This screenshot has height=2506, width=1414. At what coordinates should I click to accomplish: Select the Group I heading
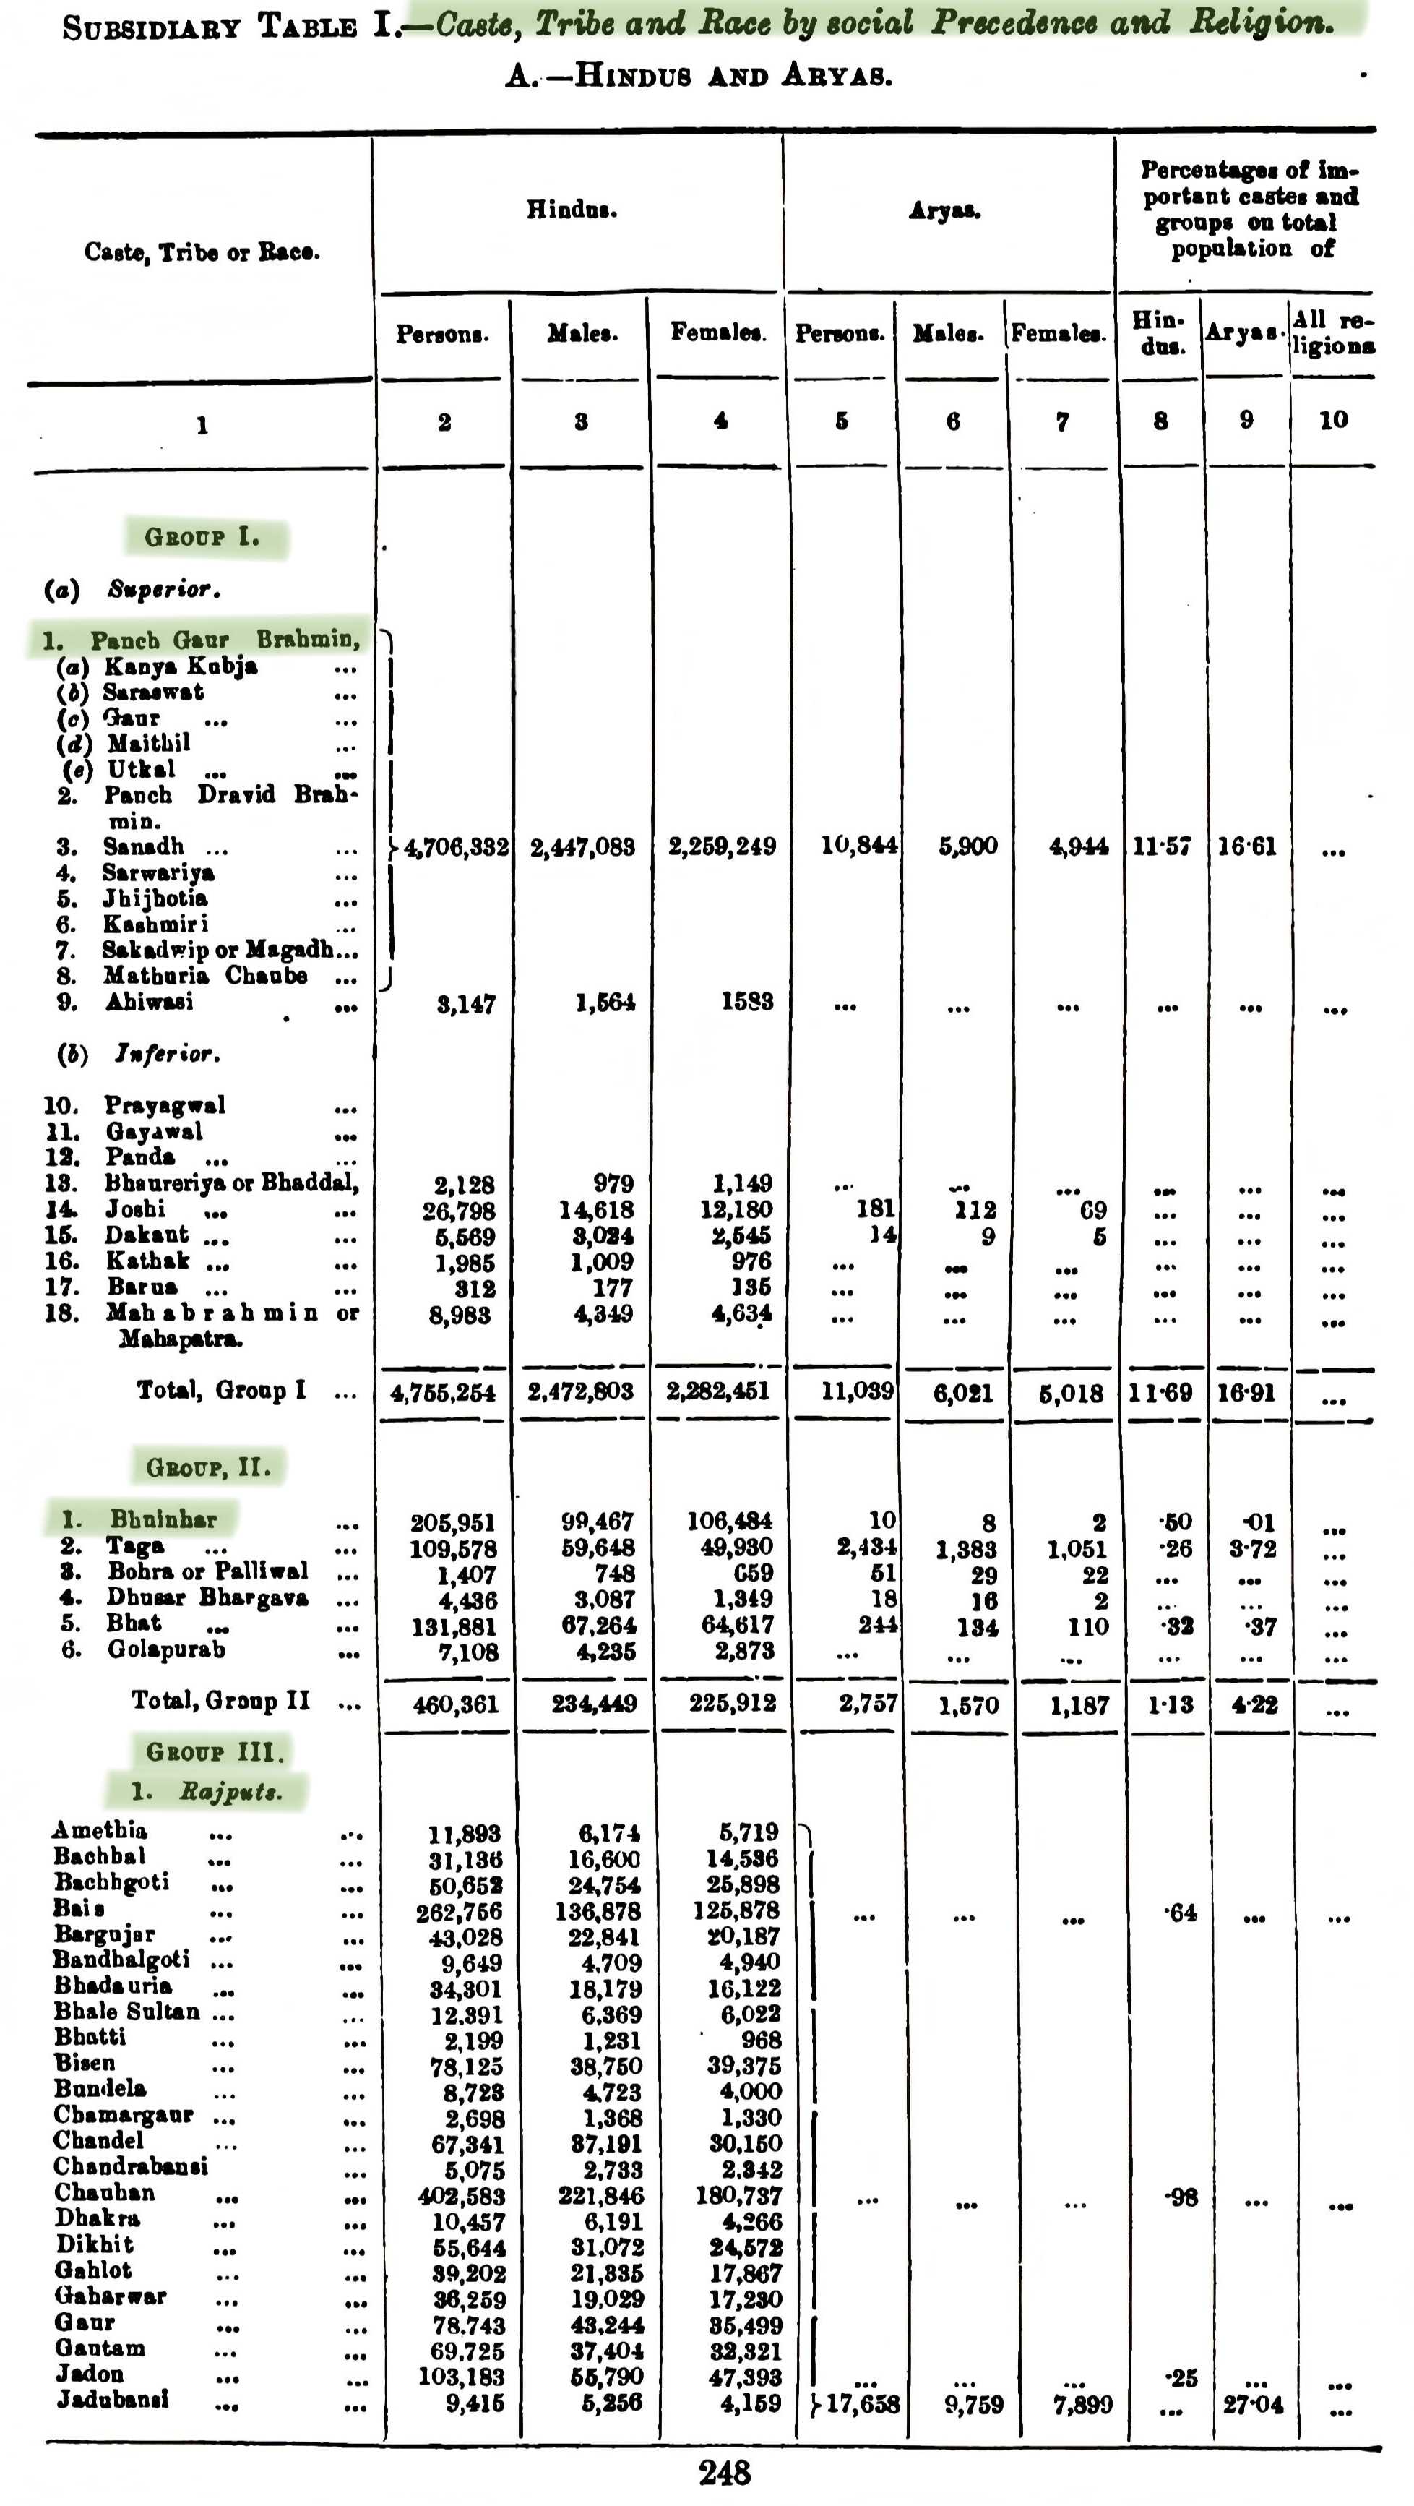click(202, 537)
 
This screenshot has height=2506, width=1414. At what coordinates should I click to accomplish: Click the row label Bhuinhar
click(163, 1519)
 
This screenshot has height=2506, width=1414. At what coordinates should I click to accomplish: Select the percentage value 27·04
click(1253, 2405)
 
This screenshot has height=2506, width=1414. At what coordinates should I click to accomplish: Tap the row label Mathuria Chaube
click(205, 976)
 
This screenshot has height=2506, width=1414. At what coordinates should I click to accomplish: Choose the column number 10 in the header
click(1332, 420)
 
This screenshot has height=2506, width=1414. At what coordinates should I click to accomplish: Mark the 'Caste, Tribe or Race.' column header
click(202, 252)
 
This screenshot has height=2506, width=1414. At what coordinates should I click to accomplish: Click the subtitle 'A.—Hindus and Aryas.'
click(698, 76)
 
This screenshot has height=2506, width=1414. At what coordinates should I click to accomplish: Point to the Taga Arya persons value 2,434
click(866, 1548)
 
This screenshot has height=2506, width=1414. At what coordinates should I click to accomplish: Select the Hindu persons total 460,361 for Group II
click(455, 1704)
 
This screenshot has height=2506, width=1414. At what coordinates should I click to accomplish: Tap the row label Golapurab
click(166, 1650)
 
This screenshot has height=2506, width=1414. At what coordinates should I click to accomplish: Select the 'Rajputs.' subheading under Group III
click(230, 1791)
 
